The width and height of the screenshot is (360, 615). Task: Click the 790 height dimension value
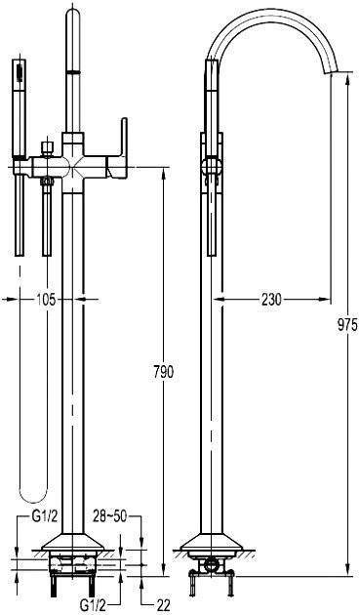[x=161, y=371]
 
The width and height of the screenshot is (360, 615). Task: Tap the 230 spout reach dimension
[x=271, y=300]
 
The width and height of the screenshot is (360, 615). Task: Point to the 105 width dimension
[x=46, y=300]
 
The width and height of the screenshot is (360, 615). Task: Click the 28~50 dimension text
[x=110, y=516]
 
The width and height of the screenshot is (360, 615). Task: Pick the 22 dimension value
[x=162, y=605]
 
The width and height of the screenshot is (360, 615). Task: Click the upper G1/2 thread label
[x=44, y=516]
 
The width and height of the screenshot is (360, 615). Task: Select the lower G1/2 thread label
[x=94, y=605]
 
